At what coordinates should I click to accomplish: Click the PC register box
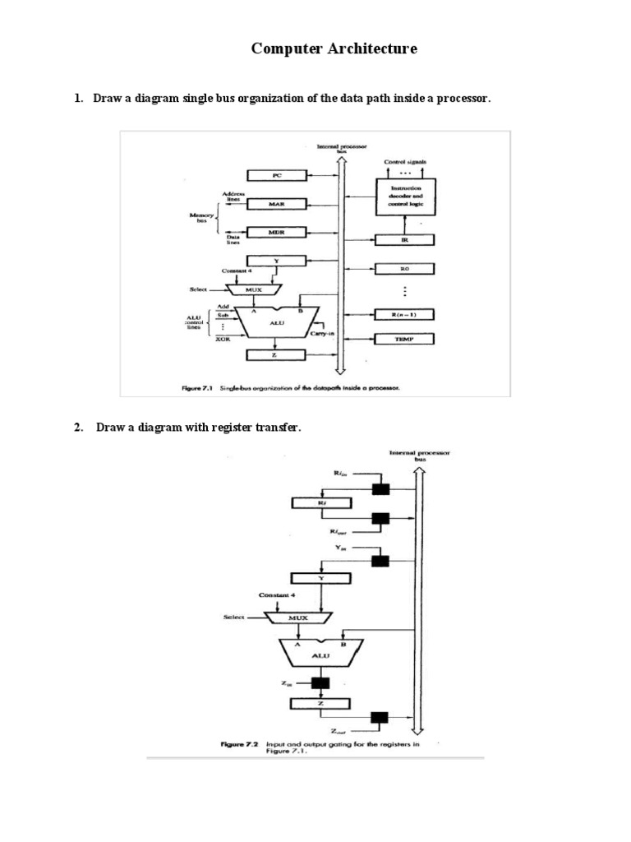[x=276, y=175]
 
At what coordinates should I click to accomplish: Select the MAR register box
[x=276, y=203]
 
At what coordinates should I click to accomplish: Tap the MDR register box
[x=276, y=233]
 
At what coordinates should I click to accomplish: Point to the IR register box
[x=404, y=240]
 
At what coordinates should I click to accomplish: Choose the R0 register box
[x=404, y=269]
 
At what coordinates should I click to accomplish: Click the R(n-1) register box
[x=404, y=314]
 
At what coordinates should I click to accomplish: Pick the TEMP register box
[x=404, y=339]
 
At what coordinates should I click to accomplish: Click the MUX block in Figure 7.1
[x=253, y=289]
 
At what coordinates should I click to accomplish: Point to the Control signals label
[x=405, y=162]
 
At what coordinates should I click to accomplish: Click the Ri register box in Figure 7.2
[x=322, y=502]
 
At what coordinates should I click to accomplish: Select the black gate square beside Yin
[x=380, y=561]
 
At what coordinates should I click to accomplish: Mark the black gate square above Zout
[x=379, y=717]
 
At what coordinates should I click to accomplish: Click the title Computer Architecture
[x=334, y=49]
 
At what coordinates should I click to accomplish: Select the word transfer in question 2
[x=266, y=427]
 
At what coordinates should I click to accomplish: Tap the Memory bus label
[x=202, y=218]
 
